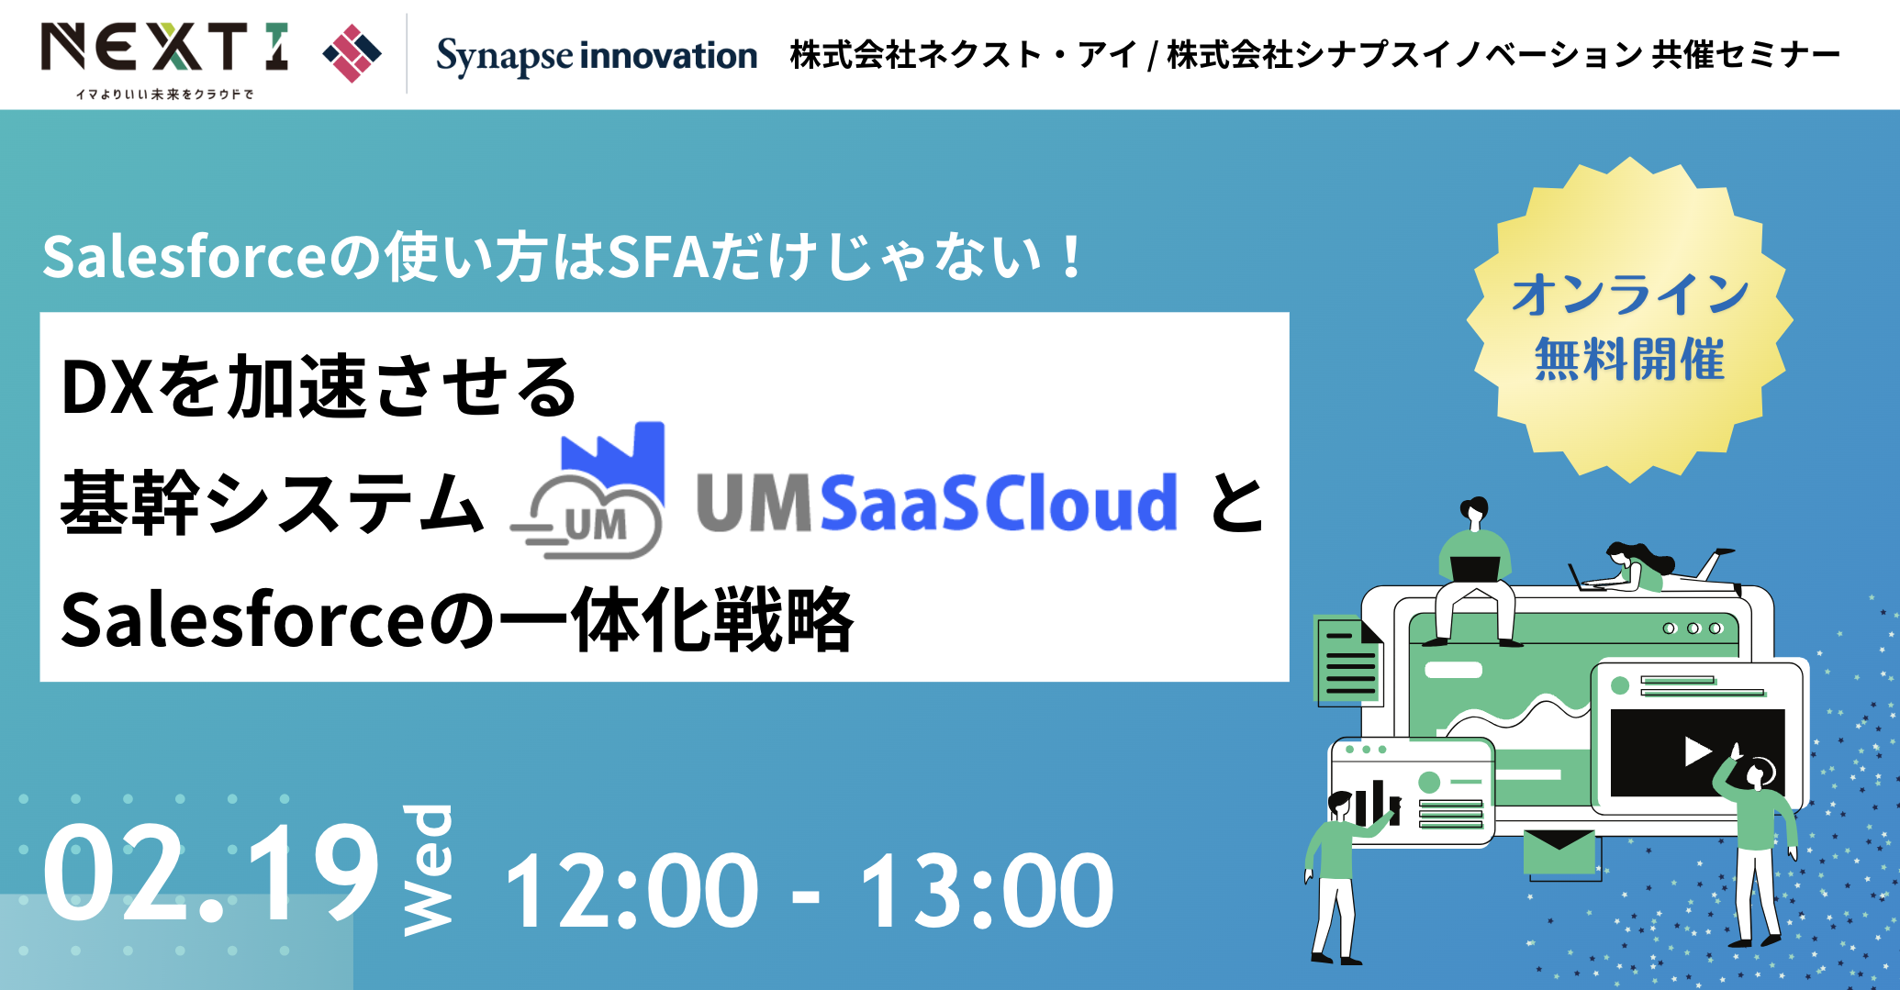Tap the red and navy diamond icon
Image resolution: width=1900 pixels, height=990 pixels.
pyautogui.click(x=352, y=54)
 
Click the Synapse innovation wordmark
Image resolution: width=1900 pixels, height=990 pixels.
pyautogui.click(x=597, y=56)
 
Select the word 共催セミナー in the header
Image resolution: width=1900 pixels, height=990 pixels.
pyautogui.click(x=1746, y=55)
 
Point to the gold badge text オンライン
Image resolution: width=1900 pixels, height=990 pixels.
pyautogui.click(x=1630, y=295)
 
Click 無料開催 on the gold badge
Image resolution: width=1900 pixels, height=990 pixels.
pyautogui.click(x=1630, y=359)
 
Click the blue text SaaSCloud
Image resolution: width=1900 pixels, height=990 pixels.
pyautogui.click(x=999, y=503)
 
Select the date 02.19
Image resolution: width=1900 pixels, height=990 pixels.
pyautogui.click(x=210, y=873)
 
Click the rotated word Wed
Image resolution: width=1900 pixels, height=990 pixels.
pyautogui.click(x=428, y=869)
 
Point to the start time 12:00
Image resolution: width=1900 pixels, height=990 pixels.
pyautogui.click(x=631, y=890)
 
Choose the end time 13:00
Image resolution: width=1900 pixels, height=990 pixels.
pyautogui.click(x=988, y=890)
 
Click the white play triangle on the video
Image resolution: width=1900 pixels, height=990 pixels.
pyautogui.click(x=1697, y=751)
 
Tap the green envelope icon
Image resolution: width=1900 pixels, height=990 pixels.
pyautogui.click(x=1559, y=852)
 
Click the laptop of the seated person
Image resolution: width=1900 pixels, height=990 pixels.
pyautogui.click(x=1475, y=568)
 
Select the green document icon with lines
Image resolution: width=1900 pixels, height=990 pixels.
pyautogui.click(x=1349, y=660)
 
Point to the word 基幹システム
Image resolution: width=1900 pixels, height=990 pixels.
pyautogui.click(x=273, y=503)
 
